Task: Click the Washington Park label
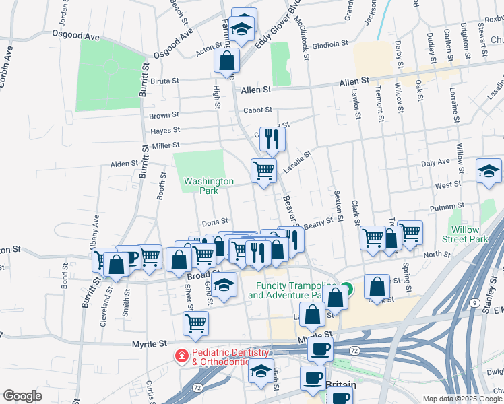[209, 186]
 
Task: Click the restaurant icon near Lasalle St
[272, 139]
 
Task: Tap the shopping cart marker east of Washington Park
[263, 170]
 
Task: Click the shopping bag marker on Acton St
[227, 60]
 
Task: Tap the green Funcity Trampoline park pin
[346, 286]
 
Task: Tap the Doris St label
[216, 222]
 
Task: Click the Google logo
[22, 396]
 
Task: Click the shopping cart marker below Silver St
[195, 323]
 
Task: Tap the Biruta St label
[164, 81]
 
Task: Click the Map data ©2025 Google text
[462, 399]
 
